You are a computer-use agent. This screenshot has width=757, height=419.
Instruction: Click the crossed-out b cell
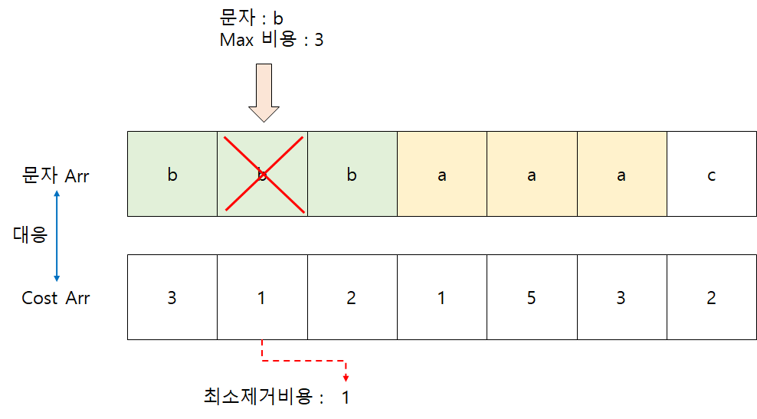tap(262, 175)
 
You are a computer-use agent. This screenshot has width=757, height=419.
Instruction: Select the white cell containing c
tap(711, 175)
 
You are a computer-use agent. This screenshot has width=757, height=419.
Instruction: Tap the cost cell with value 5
tap(531, 297)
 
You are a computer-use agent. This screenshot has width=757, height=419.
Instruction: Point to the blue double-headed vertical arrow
tap(56, 234)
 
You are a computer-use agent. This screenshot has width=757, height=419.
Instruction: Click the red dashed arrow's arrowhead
tap(346, 377)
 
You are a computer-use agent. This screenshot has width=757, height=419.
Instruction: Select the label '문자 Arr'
tap(56, 175)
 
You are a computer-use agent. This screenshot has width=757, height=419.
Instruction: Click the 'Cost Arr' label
tap(55, 298)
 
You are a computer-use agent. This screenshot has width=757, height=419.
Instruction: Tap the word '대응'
tap(30, 234)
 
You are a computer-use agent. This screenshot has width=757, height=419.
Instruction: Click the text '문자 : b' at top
tap(251, 16)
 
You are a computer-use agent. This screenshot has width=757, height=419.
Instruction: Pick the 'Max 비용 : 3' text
tap(271, 40)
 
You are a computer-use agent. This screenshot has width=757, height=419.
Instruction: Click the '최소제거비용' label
tap(259, 397)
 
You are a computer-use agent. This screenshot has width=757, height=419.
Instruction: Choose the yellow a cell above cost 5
tap(531, 175)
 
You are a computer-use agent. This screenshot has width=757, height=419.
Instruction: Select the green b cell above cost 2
tap(352, 175)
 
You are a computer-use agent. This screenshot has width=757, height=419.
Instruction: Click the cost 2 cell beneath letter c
tap(711, 297)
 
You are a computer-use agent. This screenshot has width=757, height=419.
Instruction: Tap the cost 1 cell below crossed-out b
tap(262, 297)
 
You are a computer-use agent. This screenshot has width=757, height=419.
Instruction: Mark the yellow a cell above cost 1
tap(441, 175)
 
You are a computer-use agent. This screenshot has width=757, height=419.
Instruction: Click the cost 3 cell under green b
tap(172, 297)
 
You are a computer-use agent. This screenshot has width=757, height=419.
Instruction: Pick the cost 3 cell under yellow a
tap(621, 297)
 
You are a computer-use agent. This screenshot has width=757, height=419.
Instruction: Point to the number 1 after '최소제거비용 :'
tap(346, 398)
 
